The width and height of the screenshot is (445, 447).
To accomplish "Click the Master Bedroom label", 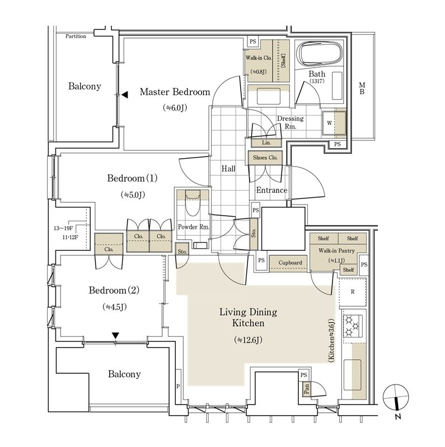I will click(x=175, y=92).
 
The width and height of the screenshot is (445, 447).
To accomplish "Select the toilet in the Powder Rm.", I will click(x=192, y=206).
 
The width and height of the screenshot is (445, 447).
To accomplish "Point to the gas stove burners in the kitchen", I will click(x=353, y=326).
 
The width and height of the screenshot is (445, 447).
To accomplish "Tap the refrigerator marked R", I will click(x=353, y=292).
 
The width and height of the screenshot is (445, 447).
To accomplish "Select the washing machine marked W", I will click(x=329, y=123).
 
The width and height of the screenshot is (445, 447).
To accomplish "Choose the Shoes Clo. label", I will click(x=265, y=158).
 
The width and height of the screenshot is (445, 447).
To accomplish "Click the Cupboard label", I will click(x=290, y=263).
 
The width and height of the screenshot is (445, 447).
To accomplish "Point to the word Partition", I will click(x=76, y=36).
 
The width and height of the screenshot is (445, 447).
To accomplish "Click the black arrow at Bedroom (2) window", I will click(x=115, y=335).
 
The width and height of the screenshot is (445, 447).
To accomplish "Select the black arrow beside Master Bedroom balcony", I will click(x=125, y=94).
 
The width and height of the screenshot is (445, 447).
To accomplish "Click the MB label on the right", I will click(x=362, y=88).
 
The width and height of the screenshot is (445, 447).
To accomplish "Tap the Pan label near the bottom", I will click(x=306, y=389).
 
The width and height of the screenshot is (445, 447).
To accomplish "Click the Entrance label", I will click(x=271, y=191).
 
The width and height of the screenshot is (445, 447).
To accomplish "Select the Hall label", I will click(x=228, y=168).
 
